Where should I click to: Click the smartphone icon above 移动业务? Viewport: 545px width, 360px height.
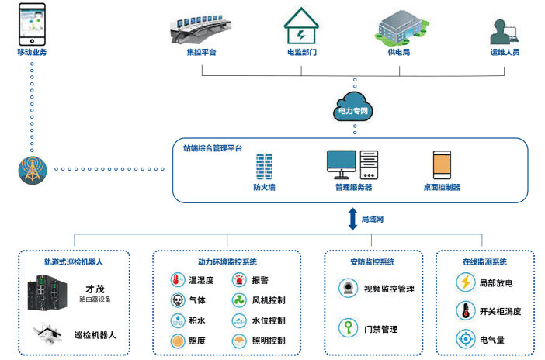point(32,23)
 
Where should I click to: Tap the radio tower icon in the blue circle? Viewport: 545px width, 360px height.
point(32,168)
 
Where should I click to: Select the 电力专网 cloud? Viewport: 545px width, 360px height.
point(353,106)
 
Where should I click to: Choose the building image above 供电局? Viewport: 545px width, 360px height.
point(399,26)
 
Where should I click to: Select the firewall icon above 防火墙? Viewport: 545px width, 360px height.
point(264,166)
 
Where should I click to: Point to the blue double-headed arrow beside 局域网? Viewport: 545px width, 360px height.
point(352,218)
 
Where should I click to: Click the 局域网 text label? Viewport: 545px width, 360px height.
point(373,219)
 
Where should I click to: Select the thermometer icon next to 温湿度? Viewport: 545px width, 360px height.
point(178,280)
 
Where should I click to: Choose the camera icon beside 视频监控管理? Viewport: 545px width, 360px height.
point(347,288)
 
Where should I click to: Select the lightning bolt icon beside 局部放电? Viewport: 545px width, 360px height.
point(466,283)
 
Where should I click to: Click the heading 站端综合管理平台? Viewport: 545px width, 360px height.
point(213,147)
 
